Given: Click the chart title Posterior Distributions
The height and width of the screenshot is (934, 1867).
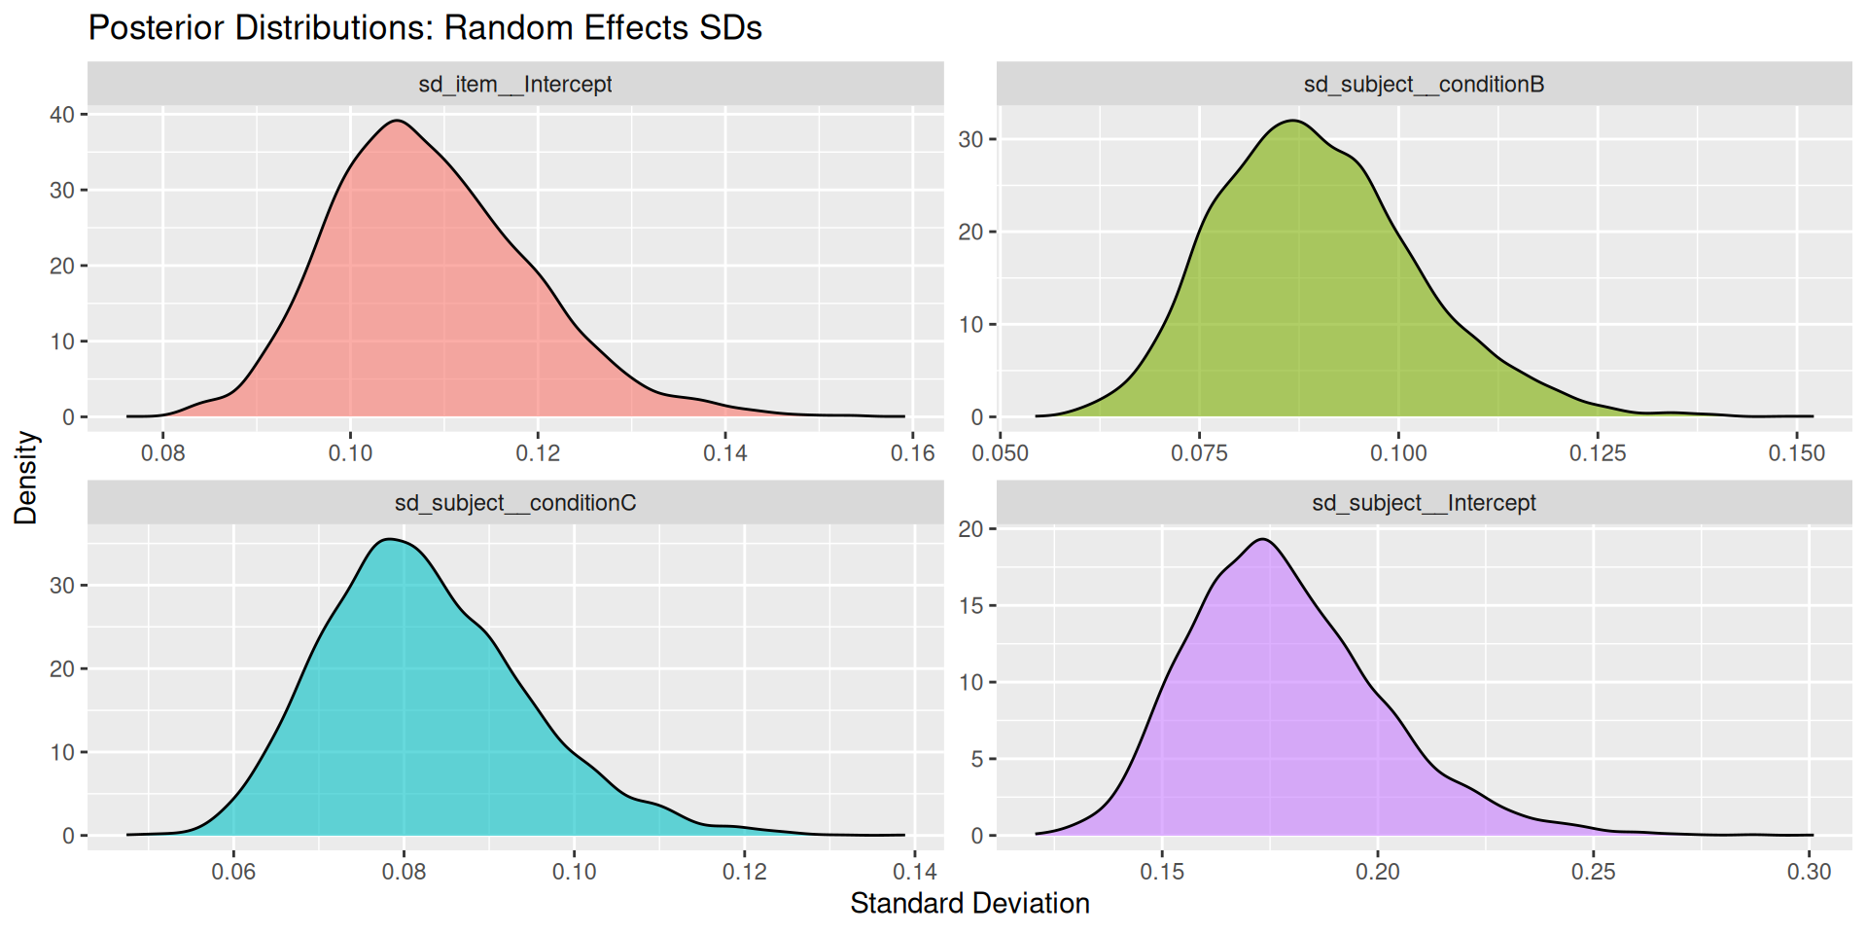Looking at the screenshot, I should [425, 27].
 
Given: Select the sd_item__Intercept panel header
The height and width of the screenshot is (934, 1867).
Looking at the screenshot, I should [514, 85].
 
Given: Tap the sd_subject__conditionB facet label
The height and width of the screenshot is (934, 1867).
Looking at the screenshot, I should [1424, 85].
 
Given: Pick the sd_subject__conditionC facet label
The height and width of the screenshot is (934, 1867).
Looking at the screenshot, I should [514, 503].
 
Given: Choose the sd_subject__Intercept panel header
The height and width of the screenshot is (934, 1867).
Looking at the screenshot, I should [1424, 503].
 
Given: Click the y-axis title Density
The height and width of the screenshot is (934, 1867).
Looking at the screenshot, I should [26, 478].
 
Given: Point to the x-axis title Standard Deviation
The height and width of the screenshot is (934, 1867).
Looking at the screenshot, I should [969, 904].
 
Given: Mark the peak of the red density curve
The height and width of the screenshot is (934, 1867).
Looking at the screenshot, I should [397, 121].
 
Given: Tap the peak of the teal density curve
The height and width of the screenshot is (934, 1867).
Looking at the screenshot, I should [389, 539].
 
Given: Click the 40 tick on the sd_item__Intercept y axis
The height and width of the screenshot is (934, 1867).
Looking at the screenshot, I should [62, 115].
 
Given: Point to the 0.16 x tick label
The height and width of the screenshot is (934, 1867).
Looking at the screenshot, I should [912, 453].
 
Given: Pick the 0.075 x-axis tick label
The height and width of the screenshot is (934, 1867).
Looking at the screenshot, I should [1199, 453].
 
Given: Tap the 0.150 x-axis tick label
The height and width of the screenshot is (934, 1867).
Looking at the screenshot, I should [1796, 453].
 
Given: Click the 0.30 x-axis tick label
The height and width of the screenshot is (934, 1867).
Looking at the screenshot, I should [1809, 872].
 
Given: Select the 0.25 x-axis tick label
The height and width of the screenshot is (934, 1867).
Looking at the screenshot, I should [1593, 872].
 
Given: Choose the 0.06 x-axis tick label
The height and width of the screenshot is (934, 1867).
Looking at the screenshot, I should [233, 872].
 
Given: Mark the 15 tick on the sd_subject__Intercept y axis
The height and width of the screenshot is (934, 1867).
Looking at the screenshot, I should [970, 606].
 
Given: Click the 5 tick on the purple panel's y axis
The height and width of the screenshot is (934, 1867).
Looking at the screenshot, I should [977, 759].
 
